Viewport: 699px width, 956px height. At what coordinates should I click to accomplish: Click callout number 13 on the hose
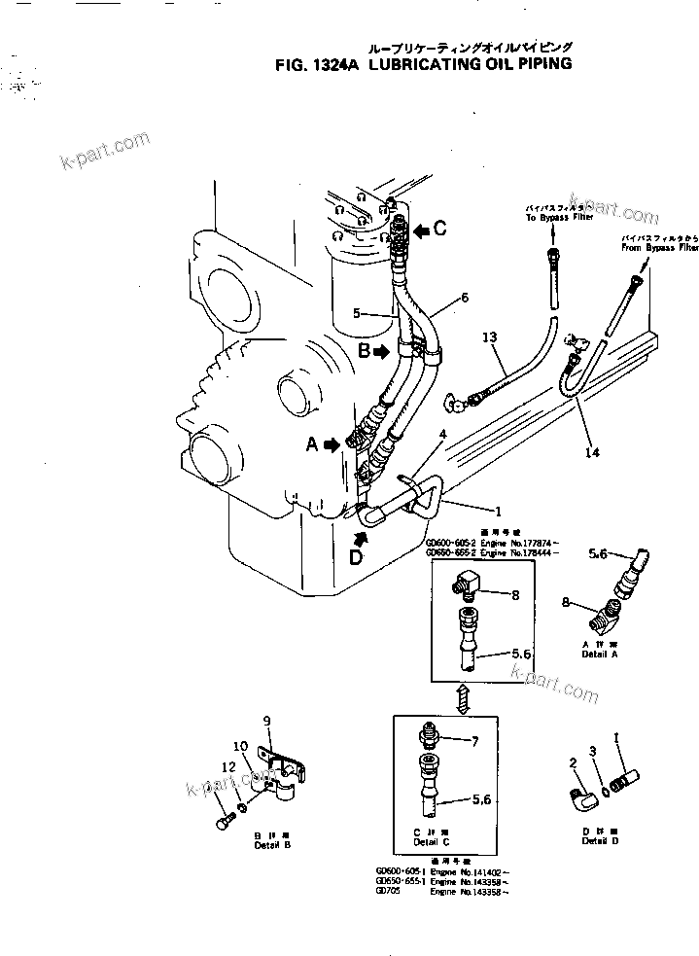click(x=489, y=336)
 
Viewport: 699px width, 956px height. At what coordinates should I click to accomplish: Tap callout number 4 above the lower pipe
click(x=443, y=434)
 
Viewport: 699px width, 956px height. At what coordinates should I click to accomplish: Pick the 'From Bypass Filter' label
click(x=659, y=249)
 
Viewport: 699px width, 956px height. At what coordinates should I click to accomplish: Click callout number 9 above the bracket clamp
click(x=264, y=721)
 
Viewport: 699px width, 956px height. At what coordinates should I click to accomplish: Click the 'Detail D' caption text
click(x=600, y=840)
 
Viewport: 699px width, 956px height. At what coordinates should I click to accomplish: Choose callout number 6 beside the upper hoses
click(x=464, y=296)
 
